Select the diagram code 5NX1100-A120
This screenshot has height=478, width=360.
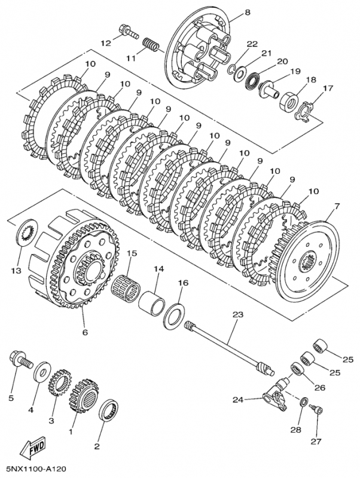[35, 470]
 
